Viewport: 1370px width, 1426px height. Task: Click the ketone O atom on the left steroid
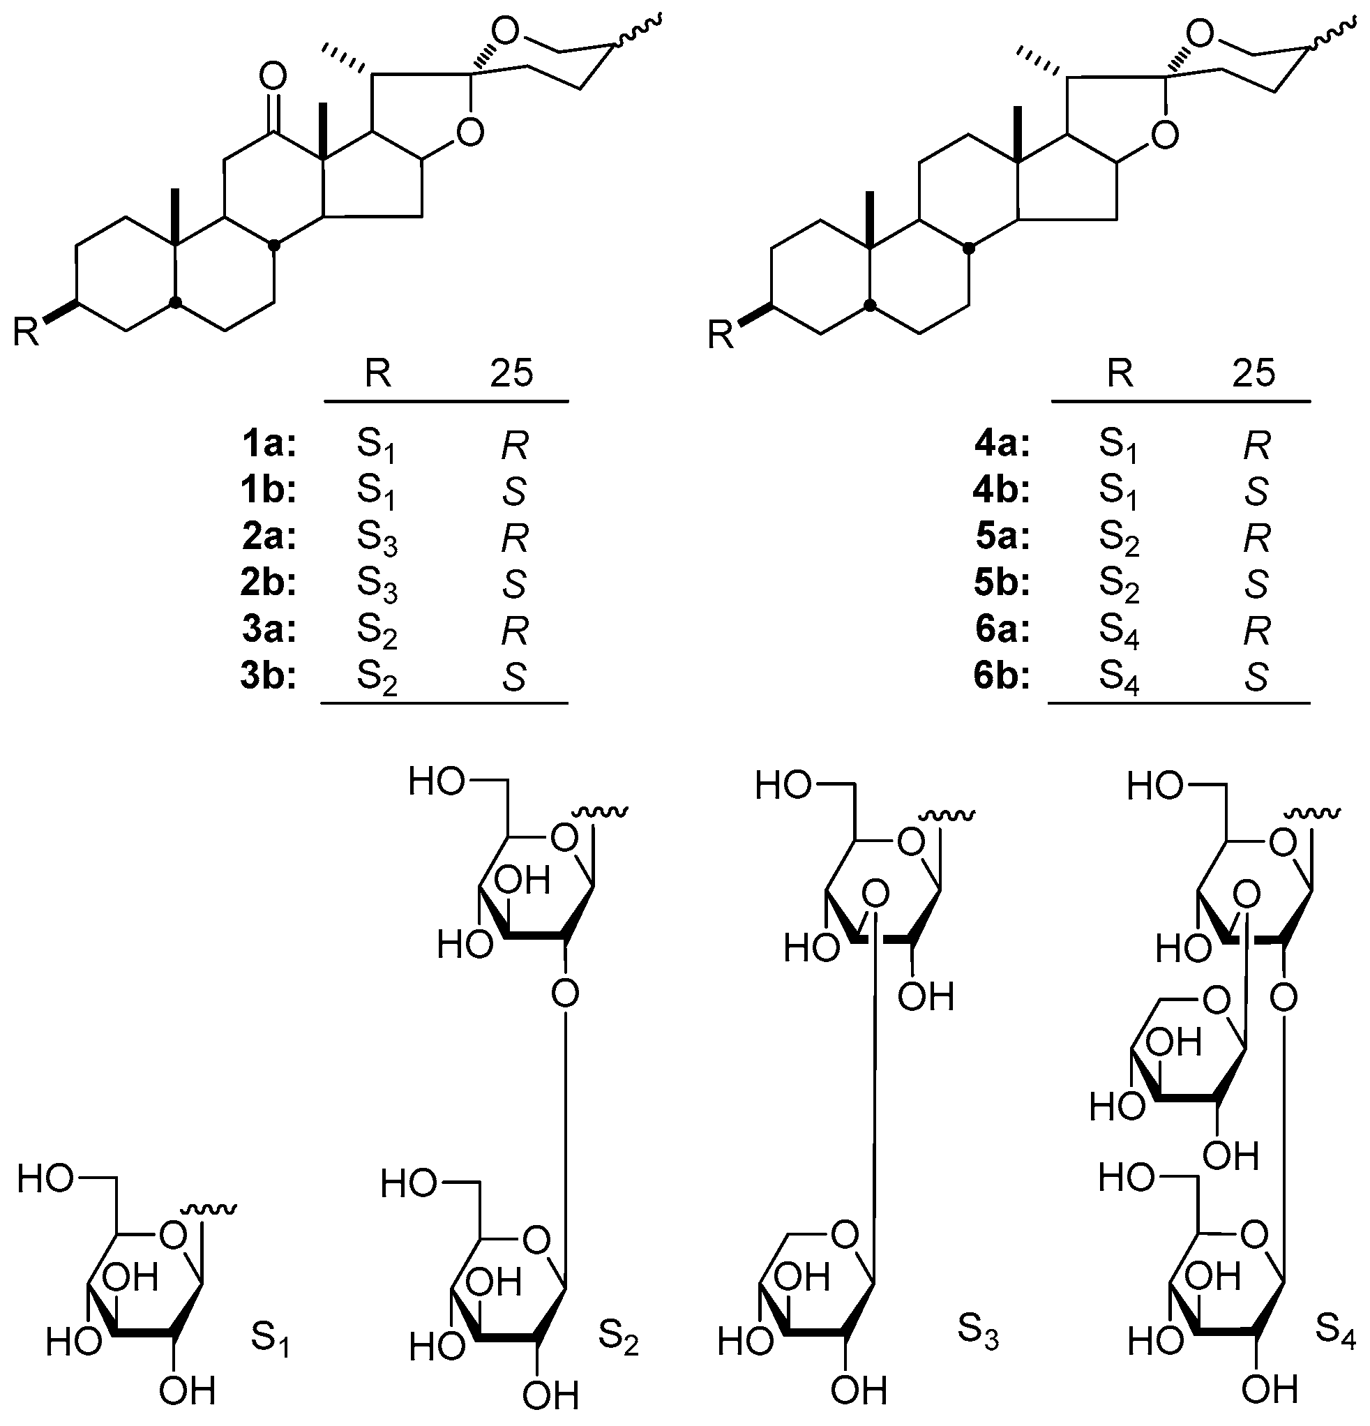273,75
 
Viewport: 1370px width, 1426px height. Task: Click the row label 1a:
269,444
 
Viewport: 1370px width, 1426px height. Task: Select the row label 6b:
1002,677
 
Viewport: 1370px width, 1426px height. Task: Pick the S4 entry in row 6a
1118,631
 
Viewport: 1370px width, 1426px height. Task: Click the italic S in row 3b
513,677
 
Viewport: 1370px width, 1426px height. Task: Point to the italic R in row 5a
1256,539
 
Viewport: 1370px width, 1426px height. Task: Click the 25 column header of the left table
511,373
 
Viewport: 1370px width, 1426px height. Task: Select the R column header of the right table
1120,373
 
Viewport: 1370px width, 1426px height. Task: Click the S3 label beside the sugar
977,1330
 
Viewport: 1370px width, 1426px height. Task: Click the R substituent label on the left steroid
27,333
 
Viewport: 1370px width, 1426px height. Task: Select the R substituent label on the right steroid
721,336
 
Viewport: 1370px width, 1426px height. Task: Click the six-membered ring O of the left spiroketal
505,31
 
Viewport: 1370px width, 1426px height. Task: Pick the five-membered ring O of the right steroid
1166,135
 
